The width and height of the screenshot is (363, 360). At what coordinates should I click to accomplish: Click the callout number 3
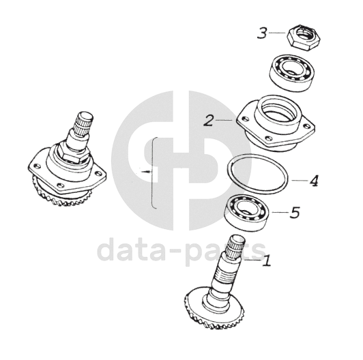tap(262, 33)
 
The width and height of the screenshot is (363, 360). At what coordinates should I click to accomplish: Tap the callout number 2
tap(209, 121)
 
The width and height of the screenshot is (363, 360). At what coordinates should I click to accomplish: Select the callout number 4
tap(314, 181)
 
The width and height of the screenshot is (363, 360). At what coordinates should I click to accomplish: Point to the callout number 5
tap(295, 212)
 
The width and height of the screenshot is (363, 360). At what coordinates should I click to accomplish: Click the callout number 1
tap(267, 260)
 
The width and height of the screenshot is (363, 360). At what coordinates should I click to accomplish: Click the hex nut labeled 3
tap(301, 37)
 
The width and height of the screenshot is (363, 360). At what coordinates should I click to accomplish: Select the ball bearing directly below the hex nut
tap(291, 72)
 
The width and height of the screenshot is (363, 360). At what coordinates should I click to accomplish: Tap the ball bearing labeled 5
tap(247, 213)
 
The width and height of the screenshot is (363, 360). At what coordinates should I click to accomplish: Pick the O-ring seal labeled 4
tap(258, 174)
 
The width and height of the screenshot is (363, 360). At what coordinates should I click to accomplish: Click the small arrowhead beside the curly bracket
tap(147, 172)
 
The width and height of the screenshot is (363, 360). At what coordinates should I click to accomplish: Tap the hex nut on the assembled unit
tap(74, 154)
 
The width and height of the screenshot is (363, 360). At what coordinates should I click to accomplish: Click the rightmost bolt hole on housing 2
tap(307, 126)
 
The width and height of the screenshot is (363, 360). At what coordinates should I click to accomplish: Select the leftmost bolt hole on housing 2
tap(246, 119)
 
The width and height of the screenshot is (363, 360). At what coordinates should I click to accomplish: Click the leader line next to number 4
tap(300, 180)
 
